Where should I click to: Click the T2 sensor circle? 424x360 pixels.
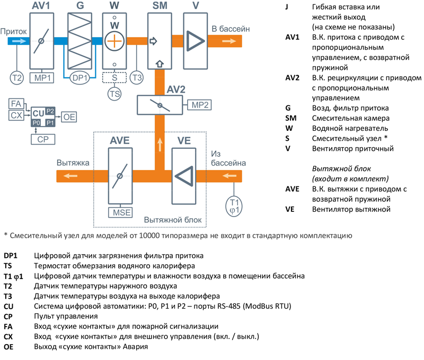point(17,78)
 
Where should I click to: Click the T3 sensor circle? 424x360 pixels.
point(137,78)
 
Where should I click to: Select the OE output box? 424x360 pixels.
point(69,117)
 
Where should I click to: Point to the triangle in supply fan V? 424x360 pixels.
point(197,41)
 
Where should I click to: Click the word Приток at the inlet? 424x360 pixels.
point(13,31)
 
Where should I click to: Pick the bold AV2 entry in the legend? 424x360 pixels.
point(293,78)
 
